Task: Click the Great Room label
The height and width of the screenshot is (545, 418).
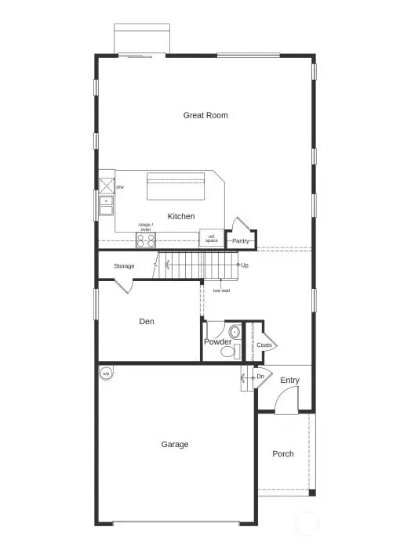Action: [205, 115]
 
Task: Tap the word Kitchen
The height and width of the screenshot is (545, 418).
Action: [181, 216]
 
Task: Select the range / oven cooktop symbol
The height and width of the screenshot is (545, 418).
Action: [146, 240]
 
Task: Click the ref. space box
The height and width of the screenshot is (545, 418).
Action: [211, 238]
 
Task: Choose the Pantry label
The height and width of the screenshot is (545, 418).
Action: [241, 241]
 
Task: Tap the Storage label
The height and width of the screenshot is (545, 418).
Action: [124, 266]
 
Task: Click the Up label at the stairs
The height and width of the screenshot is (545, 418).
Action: [245, 265]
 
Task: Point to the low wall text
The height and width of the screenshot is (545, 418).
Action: [222, 291]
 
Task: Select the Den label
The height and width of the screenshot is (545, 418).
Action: [147, 321]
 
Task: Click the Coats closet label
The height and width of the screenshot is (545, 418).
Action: [264, 345]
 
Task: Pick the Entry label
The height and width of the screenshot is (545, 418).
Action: [290, 381]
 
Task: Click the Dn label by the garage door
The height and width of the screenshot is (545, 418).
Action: [260, 377]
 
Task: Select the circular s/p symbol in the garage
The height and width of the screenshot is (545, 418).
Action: [106, 374]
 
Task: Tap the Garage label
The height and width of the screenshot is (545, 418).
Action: [175, 445]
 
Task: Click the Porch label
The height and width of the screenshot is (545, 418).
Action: [283, 454]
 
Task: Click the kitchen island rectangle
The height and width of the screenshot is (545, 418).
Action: [176, 189]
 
